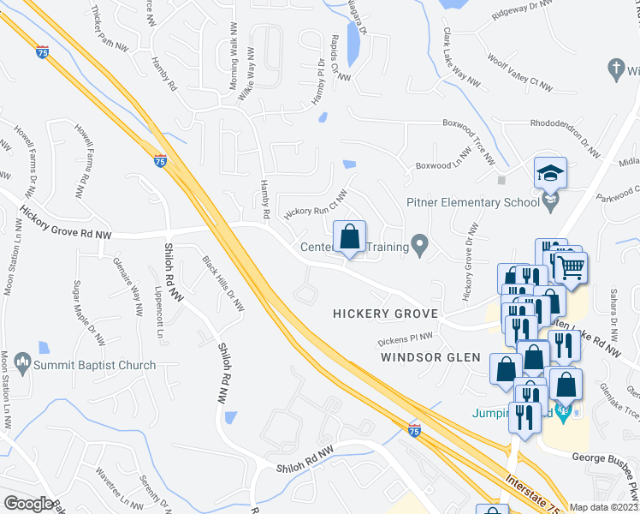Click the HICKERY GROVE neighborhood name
tap(385, 314)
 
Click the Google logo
tap(27, 504)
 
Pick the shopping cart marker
tap(571, 266)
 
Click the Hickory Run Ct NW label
tap(316, 203)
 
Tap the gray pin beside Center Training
tap(419, 246)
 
